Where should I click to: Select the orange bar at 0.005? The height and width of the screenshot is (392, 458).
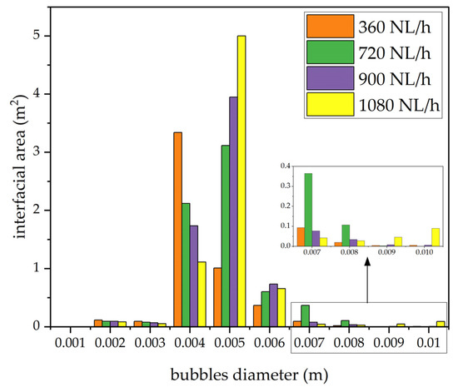click(217, 296)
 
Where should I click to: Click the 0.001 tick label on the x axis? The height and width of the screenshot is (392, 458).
click(69, 342)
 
